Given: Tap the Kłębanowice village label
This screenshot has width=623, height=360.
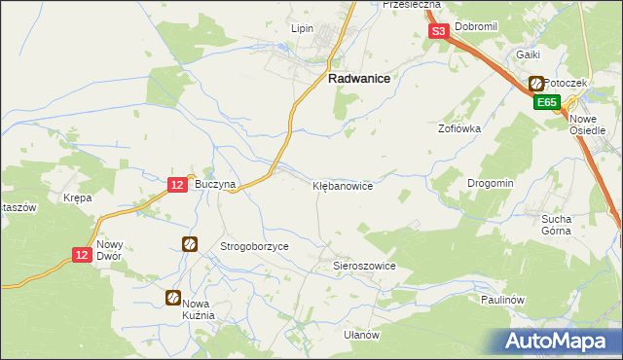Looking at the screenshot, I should tap(342, 184).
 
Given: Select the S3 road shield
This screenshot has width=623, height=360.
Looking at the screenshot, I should tap(438, 31).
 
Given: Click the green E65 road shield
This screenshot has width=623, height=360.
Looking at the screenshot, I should tap(545, 101).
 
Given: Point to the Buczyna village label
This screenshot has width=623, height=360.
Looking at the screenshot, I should tap(215, 184).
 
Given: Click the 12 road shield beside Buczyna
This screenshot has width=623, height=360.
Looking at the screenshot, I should tap(177, 184).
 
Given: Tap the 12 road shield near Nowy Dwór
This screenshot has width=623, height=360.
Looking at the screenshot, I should tap(83, 254).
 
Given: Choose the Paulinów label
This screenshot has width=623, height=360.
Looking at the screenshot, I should tap(502, 300).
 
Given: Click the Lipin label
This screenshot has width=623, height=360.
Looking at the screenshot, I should tap(302, 28).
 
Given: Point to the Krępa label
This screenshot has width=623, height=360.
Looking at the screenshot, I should tap(77, 198).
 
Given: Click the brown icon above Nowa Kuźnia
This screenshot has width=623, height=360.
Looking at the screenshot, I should tap(172, 298).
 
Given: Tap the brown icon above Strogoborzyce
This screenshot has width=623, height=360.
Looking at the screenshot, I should tap(190, 244).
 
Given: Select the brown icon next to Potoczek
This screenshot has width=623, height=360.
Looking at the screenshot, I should tap(535, 84).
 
